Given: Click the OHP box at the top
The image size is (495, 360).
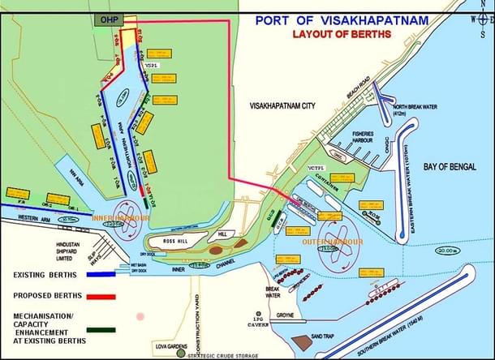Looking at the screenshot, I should click(106, 18).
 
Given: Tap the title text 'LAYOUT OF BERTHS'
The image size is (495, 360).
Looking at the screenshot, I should click(342, 34).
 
